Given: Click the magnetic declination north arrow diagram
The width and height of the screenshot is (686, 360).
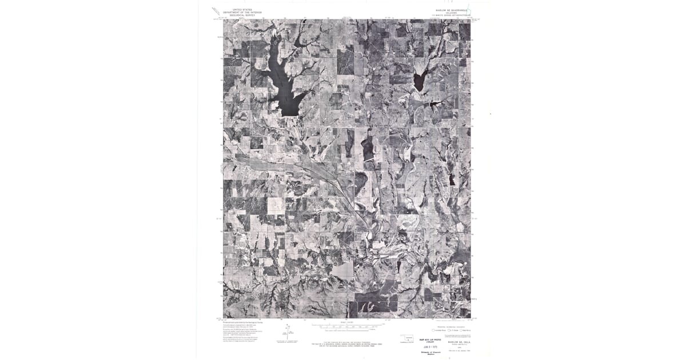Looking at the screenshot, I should coord(288,331).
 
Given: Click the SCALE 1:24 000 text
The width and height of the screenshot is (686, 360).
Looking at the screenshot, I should coord(345,322).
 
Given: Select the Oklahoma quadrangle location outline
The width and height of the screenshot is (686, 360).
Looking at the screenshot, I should coord(408,337).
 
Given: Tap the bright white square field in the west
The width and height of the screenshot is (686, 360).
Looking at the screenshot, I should coord(276,206).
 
